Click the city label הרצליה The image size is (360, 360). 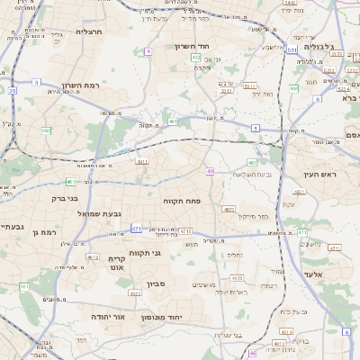pos(90,31)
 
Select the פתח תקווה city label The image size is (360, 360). pos(184,202)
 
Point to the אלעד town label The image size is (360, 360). pos(337,274)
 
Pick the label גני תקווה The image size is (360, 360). pos(144,253)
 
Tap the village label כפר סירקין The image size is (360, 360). pos(255,216)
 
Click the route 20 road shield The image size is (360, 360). pos(13,90)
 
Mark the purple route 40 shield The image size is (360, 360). pos(210,170)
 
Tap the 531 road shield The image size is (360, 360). pos(292,50)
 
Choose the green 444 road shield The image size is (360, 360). pos(294,88)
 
